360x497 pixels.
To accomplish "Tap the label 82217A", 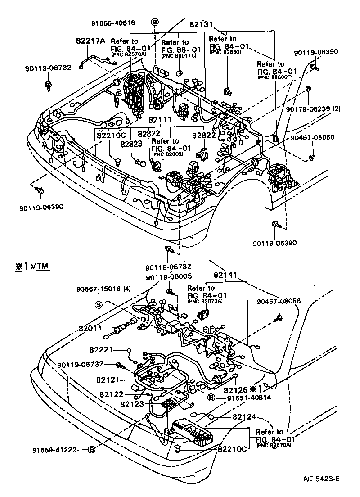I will coord(90,41).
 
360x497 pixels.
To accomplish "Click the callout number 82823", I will coord(131,144).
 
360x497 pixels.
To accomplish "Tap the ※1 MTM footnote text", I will coord(31,266).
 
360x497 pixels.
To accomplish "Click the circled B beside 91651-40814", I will coord(210,398).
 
